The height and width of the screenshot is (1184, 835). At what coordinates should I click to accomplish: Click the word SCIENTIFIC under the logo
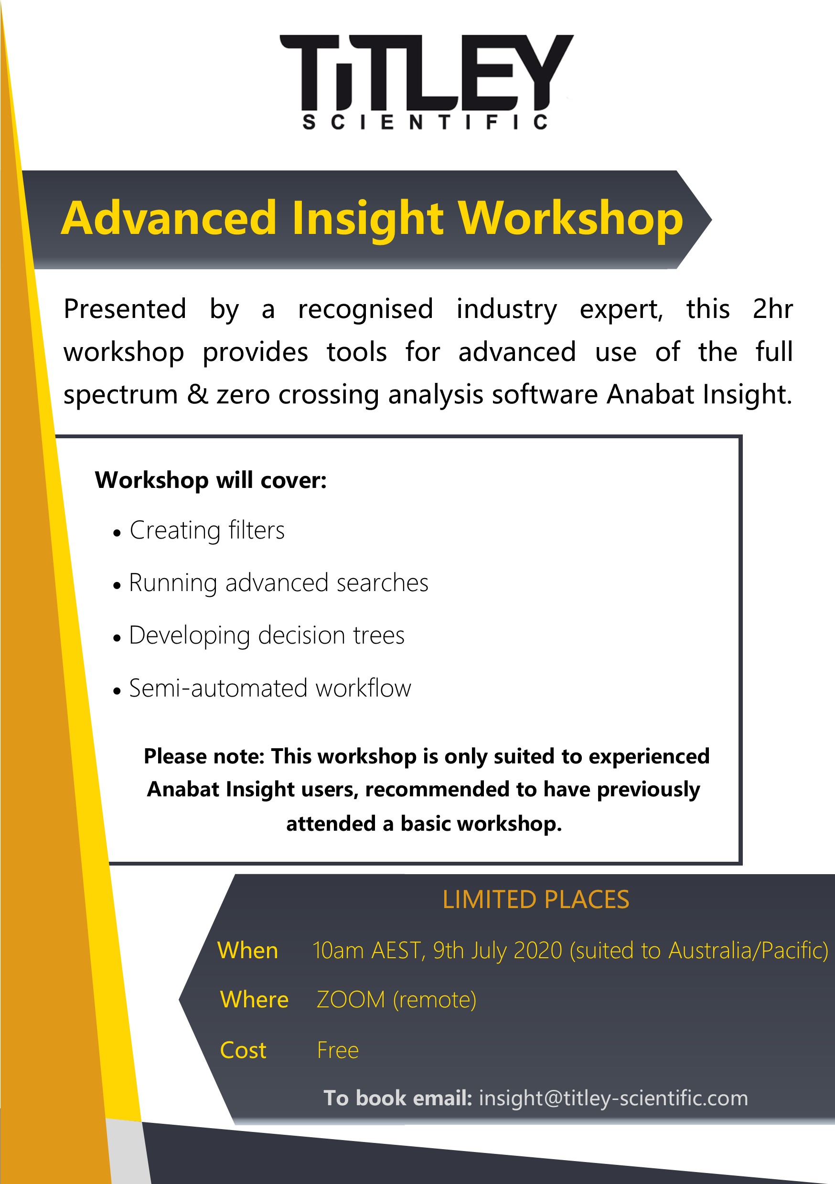pos(425,122)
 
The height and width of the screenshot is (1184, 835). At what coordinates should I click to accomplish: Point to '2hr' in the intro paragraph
pos(772,309)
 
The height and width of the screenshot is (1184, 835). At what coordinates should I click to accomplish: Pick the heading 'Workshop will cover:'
pos(211,480)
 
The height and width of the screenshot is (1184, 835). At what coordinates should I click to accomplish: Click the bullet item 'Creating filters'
pos(207,530)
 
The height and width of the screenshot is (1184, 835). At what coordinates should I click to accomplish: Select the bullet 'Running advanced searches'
pos(278,583)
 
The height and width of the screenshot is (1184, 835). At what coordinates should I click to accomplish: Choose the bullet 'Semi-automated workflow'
pos(270,688)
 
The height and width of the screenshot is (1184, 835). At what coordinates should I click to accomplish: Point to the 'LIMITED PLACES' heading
pos(535,899)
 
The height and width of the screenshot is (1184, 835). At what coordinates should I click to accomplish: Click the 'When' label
pos(248,950)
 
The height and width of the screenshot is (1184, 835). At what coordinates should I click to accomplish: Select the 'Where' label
pos(255,999)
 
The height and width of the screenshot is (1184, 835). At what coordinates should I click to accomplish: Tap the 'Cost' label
pos(243,1050)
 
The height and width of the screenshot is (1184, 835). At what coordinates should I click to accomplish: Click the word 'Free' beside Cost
pos(338,1050)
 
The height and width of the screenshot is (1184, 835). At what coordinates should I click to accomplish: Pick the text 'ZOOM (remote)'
pos(396,1000)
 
